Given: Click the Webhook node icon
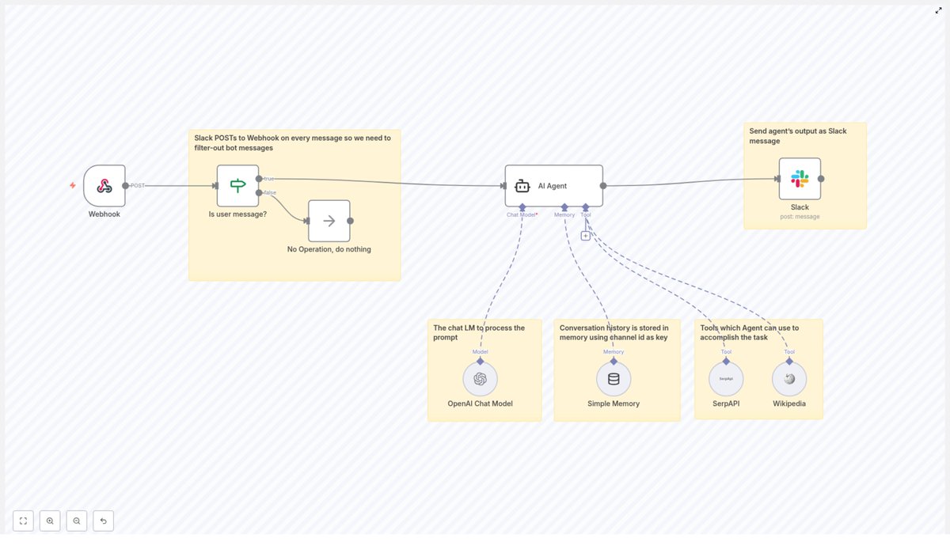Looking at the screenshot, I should pyautogui.click(x=104, y=186).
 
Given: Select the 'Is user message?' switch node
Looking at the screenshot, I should pyautogui.click(x=237, y=186).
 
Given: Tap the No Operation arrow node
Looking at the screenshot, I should pyautogui.click(x=329, y=221).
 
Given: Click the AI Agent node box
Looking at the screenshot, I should pyautogui.click(x=553, y=186).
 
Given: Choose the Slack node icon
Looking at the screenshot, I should pyautogui.click(x=800, y=179).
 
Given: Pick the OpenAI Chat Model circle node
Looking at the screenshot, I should pyautogui.click(x=480, y=379).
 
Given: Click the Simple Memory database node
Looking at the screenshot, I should pyautogui.click(x=614, y=379).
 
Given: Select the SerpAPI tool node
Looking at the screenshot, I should pyautogui.click(x=726, y=379).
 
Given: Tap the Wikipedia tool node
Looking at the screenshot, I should pyautogui.click(x=789, y=379).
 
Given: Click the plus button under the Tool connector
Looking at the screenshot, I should pyautogui.click(x=585, y=236).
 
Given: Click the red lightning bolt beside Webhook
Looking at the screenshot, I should pyautogui.click(x=73, y=186).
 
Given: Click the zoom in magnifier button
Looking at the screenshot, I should pyautogui.click(x=50, y=521).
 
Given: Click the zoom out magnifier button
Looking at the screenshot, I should pyautogui.click(x=77, y=521).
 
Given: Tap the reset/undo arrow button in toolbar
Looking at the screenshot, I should pyautogui.click(x=103, y=521).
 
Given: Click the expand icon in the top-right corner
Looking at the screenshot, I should pyautogui.click(x=938, y=10).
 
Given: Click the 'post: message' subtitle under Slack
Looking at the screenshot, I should pyautogui.click(x=800, y=217).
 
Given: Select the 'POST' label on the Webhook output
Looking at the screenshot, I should pyautogui.click(x=138, y=186).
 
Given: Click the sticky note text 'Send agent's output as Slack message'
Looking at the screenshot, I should pyautogui.click(x=787, y=135).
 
